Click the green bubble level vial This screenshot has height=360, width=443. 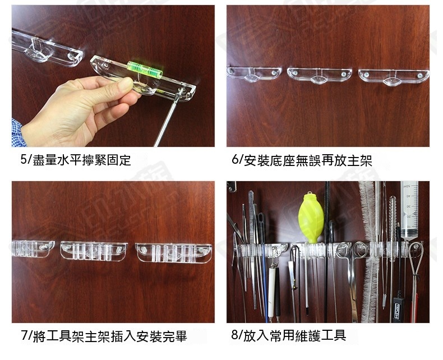[x=145, y=70]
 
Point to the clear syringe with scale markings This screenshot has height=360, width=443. [x=409, y=209]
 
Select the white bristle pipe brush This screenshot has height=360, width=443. [x=370, y=251]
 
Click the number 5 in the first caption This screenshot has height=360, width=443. [x=23, y=159]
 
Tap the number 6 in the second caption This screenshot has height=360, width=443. [x=235, y=159]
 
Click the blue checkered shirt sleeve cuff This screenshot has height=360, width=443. [x=18, y=133]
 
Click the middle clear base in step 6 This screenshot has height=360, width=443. [x=320, y=75]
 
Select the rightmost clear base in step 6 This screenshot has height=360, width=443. [x=394, y=77]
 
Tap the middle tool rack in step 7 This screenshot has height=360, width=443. [x=94, y=251]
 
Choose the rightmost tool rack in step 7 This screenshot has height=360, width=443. [x=173, y=253]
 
